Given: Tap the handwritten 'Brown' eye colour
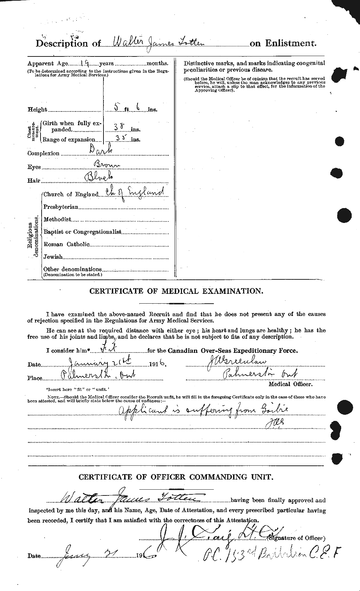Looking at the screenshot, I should [107, 165].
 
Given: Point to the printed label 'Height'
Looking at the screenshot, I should [37, 110].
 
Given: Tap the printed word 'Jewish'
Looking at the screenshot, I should [53, 257].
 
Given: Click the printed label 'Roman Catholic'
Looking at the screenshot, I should [66, 244].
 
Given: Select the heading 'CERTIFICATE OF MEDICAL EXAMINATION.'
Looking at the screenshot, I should [176, 291].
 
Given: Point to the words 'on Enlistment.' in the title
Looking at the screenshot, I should [283, 43].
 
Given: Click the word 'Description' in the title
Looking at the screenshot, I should [62, 44].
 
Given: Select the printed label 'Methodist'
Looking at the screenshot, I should [57, 219].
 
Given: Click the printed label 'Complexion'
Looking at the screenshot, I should [43, 153].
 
